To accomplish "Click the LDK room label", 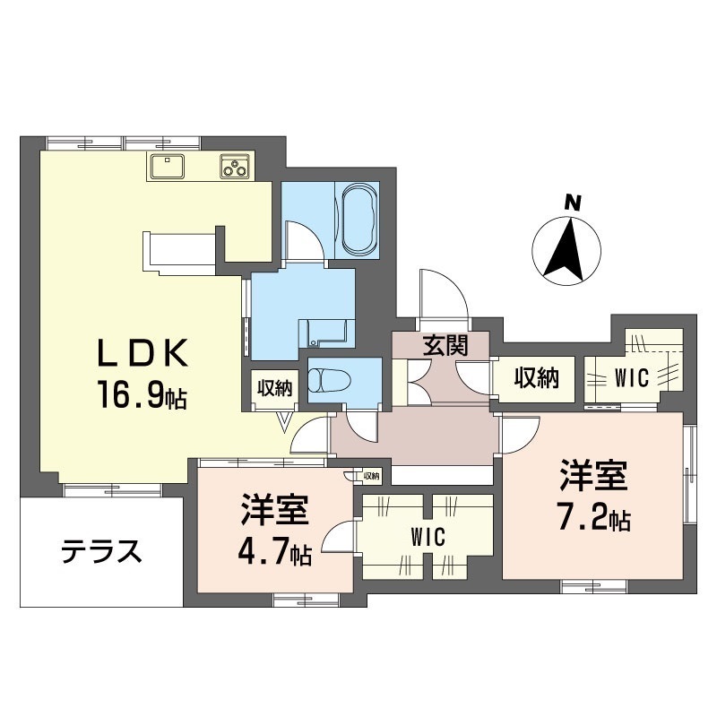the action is point(143,352).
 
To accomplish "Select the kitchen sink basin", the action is point(167,166).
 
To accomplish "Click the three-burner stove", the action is point(235,166).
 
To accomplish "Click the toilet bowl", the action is point(329,379).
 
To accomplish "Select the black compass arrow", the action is point(566,250).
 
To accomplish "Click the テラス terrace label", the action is point(101,551).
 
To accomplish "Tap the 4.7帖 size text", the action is point(274,554).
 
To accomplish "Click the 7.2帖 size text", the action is point(593,518).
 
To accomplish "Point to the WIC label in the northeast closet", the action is point(632,378).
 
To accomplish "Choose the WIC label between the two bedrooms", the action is point(428,537).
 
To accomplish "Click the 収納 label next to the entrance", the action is point(536,378).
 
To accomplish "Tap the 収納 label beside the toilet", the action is point(274,389).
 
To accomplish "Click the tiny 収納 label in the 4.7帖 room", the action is point(371,476).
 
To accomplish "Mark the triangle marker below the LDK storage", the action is point(285,422).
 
